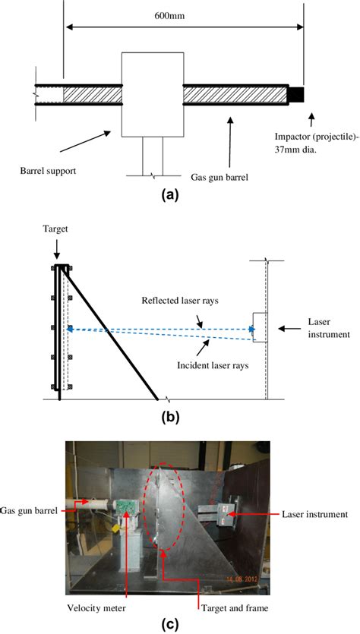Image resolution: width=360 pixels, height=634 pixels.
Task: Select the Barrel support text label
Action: click(48, 171)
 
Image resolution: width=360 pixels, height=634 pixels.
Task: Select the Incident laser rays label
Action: click(213, 366)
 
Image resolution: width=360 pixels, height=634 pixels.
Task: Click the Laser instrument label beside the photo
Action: click(314, 515)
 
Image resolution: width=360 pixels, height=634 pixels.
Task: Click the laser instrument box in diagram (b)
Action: click(260, 327)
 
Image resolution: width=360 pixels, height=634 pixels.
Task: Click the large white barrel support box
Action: click(153, 94)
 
